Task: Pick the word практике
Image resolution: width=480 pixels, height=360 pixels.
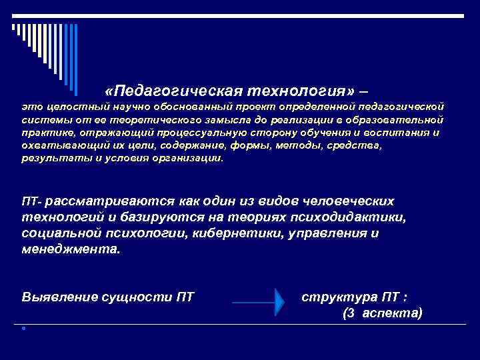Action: tap(45, 133)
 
